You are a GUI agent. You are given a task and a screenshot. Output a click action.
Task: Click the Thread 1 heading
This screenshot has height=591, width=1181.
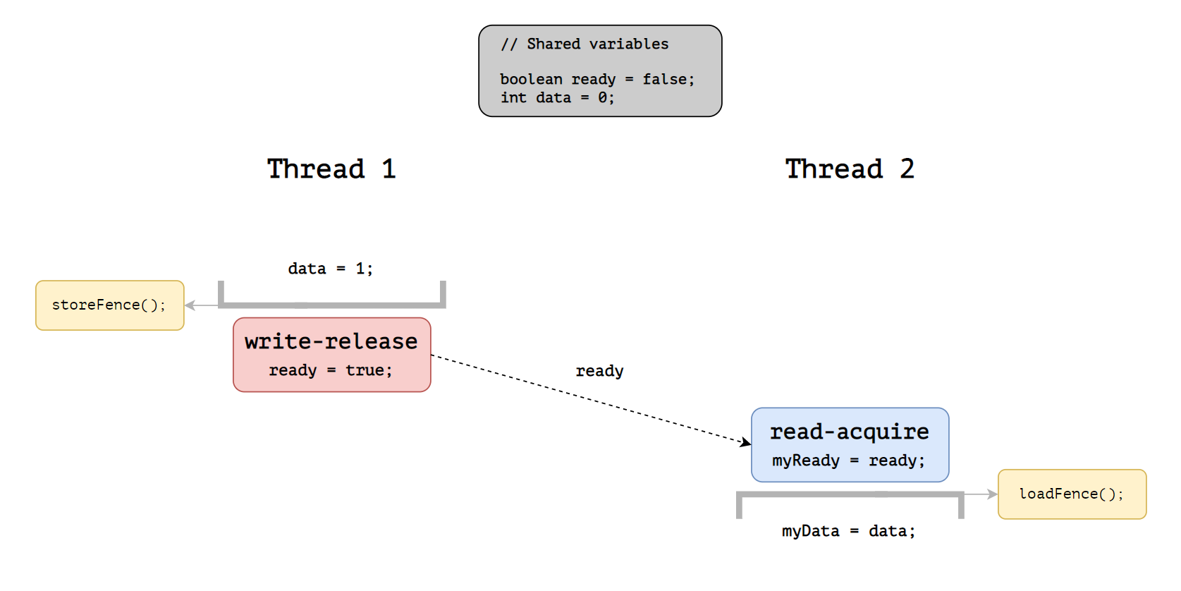pyautogui.click(x=331, y=169)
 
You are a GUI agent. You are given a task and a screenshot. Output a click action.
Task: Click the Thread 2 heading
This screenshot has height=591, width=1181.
pyautogui.click(x=850, y=169)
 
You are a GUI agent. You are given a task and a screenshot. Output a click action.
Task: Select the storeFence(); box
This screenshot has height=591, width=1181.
pyautogui.click(x=110, y=305)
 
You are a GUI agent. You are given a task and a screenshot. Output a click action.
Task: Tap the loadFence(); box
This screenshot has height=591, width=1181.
pyautogui.click(x=1072, y=494)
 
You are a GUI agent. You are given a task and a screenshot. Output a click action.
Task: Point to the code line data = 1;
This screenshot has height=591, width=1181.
pyautogui.click(x=331, y=269)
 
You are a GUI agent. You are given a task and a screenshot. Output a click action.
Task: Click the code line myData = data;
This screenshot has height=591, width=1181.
pyautogui.click(x=848, y=531)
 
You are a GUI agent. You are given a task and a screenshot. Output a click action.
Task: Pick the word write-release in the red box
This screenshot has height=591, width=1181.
pyautogui.click(x=331, y=341)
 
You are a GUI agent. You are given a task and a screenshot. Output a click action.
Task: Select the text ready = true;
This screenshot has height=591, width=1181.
pyautogui.click(x=331, y=370)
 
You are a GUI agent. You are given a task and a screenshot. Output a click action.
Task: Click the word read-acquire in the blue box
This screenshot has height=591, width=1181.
pyautogui.click(x=850, y=432)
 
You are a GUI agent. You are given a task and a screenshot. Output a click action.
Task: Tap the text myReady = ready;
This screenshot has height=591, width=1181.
pyautogui.click(x=849, y=461)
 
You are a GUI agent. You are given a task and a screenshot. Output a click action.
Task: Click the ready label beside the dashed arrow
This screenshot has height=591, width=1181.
pyautogui.click(x=599, y=371)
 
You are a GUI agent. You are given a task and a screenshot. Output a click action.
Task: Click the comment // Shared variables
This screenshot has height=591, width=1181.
pyautogui.click(x=585, y=44)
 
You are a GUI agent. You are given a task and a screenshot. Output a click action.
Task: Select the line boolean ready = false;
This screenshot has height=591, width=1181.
pyautogui.click(x=597, y=79)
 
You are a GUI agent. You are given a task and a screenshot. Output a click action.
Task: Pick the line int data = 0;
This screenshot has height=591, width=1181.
pyautogui.click(x=557, y=97)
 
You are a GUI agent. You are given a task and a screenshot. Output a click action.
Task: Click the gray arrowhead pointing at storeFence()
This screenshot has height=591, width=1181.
pyautogui.click(x=190, y=305)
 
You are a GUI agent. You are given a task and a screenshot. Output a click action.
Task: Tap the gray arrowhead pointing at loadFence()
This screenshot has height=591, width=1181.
pyautogui.click(x=992, y=494)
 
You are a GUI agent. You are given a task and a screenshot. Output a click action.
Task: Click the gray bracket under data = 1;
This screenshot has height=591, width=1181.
pyautogui.click(x=331, y=305)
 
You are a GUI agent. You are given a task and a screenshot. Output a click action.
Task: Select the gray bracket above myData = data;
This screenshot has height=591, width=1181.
pyautogui.click(x=850, y=494)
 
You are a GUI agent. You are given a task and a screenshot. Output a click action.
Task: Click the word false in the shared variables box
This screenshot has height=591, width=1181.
pyautogui.click(x=664, y=79)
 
